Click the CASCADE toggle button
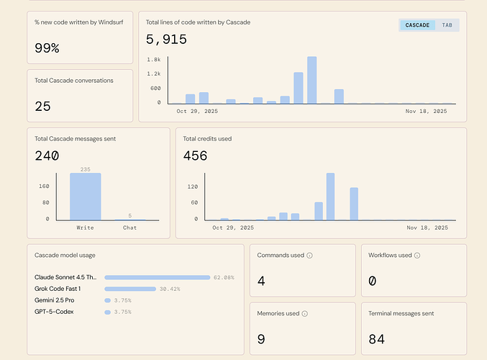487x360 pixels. pyautogui.click(x=417, y=25)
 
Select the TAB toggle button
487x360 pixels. pyautogui.click(x=447, y=25)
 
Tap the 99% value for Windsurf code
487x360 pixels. pyautogui.click(x=47, y=48)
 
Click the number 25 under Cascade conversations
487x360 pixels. pyautogui.click(x=42, y=107)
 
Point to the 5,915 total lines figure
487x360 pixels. pyautogui.click(x=166, y=40)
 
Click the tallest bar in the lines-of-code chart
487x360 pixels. pyautogui.click(x=311, y=80)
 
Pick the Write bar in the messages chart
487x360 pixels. pyautogui.click(x=86, y=196)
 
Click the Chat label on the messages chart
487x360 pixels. pyautogui.click(x=129, y=228)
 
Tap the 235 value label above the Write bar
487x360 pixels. pyautogui.click(x=86, y=169)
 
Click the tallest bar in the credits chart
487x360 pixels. pyautogui.click(x=331, y=196)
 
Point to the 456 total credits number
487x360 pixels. pyautogui.click(x=195, y=156)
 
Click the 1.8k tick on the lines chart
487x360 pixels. pyautogui.click(x=154, y=59)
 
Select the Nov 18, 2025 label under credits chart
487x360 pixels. pyautogui.click(x=427, y=228)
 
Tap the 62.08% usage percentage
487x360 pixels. pyautogui.click(x=223, y=277)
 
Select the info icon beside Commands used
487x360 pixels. pyautogui.click(x=310, y=256)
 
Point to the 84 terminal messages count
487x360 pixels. pyautogui.click(x=376, y=339)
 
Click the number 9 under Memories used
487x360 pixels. pyautogui.click(x=261, y=339)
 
